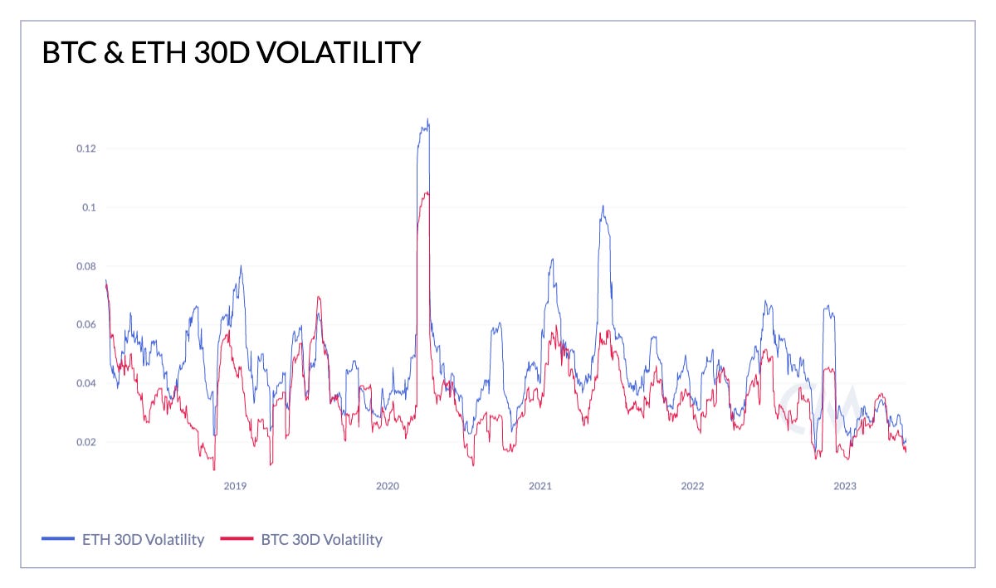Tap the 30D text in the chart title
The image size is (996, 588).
click(188, 53)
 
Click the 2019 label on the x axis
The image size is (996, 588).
click(235, 486)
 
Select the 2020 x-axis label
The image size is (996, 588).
click(388, 486)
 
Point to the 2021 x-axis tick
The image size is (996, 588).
click(540, 486)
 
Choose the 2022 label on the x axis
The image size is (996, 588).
click(692, 486)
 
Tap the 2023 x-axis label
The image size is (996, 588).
click(845, 486)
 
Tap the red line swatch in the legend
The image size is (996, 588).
click(235, 540)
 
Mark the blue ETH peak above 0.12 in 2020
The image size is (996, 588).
click(427, 119)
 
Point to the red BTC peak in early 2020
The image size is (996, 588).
click(426, 192)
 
